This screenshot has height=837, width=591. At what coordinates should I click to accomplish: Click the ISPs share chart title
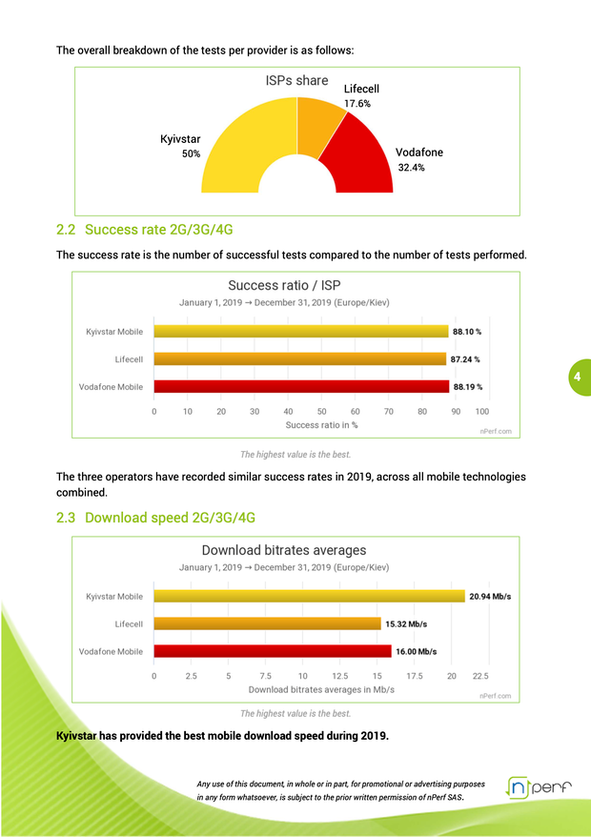click(296, 80)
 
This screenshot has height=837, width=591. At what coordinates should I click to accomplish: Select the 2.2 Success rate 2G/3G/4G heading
click(145, 230)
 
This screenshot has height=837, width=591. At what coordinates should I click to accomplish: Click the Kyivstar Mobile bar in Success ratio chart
click(300, 332)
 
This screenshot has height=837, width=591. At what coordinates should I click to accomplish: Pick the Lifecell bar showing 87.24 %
click(299, 359)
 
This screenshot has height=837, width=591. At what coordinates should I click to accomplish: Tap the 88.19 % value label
click(467, 387)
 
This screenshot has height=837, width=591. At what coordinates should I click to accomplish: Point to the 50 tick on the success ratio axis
click(321, 412)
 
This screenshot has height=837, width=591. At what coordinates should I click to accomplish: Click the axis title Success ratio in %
click(321, 425)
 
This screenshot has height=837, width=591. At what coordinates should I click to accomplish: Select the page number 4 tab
click(577, 377)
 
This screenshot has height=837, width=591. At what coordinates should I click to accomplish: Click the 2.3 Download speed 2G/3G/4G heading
click(155, 518)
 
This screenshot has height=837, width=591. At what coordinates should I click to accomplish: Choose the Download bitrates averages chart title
click(283, 550)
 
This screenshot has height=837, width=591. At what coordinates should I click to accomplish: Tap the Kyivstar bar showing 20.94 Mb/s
click(309, 597)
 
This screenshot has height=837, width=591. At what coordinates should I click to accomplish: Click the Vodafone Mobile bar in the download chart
click(273, 652)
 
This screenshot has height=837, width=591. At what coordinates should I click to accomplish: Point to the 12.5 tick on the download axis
click(339, 677)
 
